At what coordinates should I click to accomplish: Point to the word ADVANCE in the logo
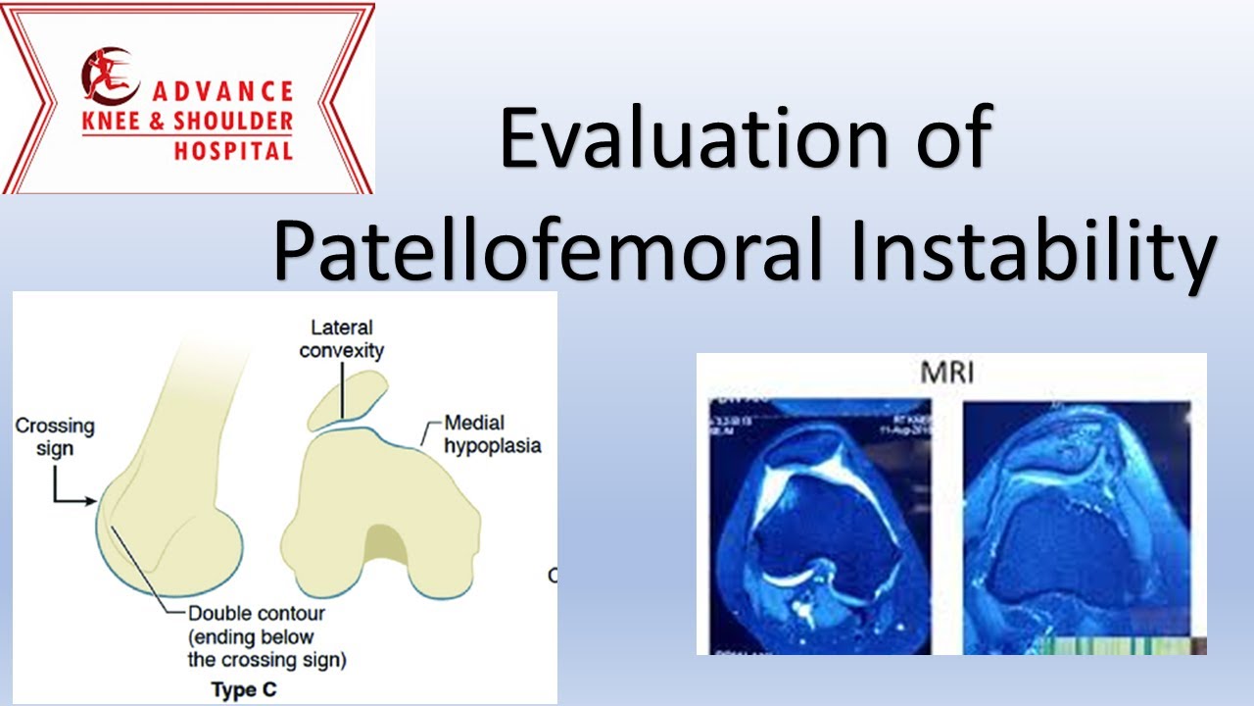coord(221,91)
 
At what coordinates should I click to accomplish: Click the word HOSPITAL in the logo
coord(233,151)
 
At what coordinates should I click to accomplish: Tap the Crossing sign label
coord(55,437)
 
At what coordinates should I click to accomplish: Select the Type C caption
coord(244,689)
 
